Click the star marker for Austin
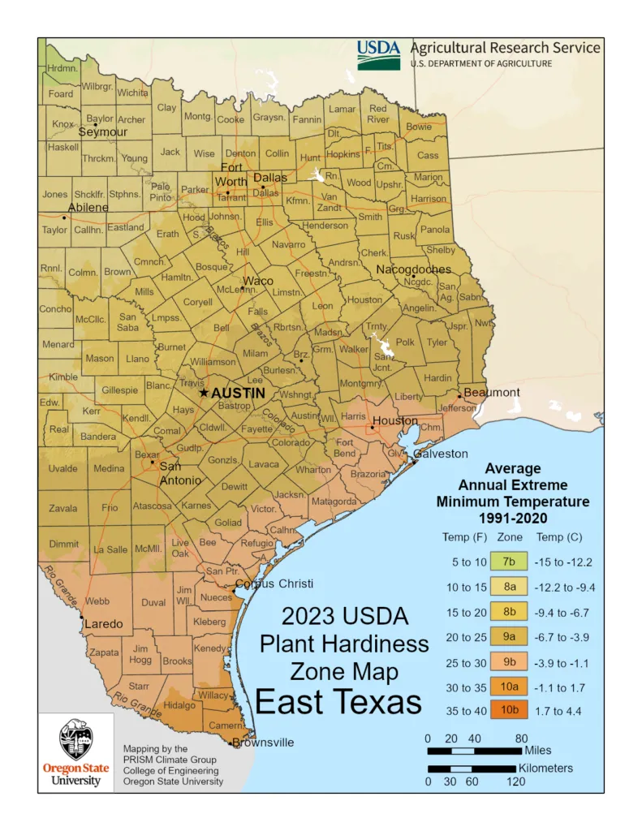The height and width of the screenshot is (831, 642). (x=204, y=393)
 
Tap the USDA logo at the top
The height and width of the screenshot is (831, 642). (x=379, y=54)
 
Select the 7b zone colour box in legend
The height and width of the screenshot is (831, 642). (x=509, y=562)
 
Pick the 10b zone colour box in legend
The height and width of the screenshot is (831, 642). (x=509, y=711)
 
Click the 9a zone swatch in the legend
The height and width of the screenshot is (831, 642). (x=509, y=636)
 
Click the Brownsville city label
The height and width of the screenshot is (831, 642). (x=263, y=743)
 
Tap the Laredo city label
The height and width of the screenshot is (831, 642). (x=104, y=624)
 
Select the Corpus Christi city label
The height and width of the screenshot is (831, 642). (x=274, y=584)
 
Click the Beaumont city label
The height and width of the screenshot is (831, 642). (x=492, y=393)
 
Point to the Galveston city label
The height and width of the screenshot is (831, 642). (x=441, y=454)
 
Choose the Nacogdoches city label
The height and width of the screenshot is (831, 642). (x=413, y=269)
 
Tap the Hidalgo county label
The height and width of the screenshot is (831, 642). (x=179, y=706)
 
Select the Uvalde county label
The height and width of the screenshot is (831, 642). (x=63, y=468)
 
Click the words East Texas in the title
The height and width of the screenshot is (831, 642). (x=339, y=701)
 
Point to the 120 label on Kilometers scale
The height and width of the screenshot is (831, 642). (x=515, y=781)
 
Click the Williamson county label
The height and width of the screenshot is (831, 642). (x=213, y=361)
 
